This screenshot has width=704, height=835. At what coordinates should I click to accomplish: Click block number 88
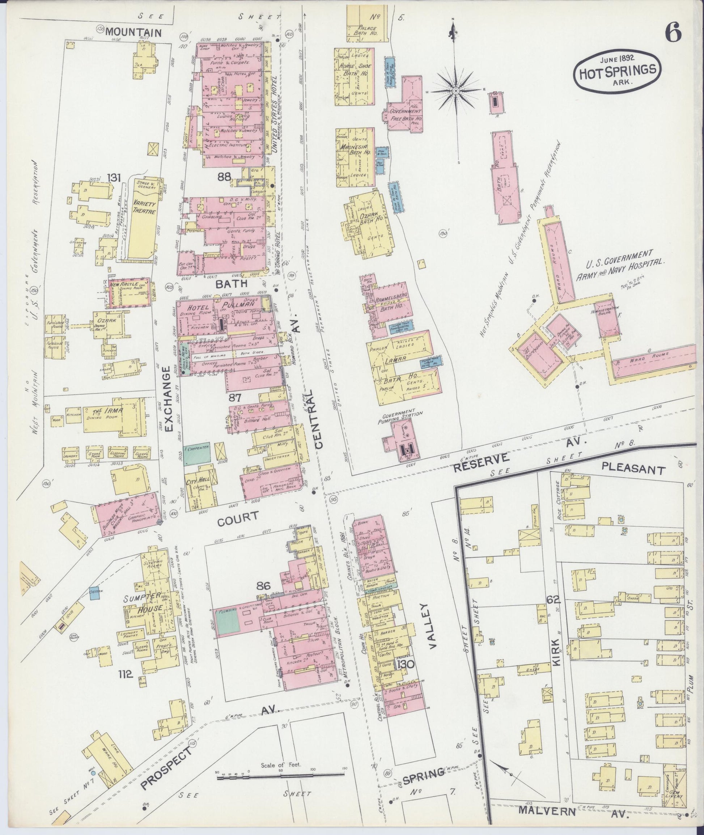tap(224, 178)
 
